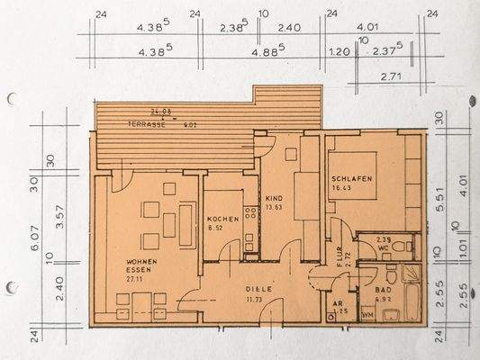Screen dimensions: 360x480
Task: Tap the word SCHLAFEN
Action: [x=350, y=179]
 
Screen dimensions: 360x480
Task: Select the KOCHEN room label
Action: [x=222, y=220]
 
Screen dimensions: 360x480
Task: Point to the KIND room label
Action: [x=274, y=197]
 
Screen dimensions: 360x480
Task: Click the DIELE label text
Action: [x=259, y=289]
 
